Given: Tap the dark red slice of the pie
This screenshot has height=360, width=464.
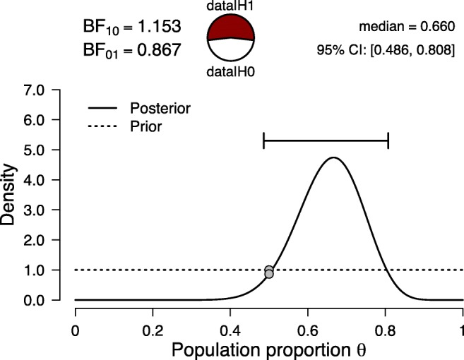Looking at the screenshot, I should pyautogui.click(x=230, y=28).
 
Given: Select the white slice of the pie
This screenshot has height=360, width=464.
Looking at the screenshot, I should pyautogui.click(x=230, y=51).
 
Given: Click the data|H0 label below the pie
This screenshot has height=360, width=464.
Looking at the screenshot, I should pyautogui.click(x=230, y=71).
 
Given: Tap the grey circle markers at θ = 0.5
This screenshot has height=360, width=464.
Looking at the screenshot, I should pyautogui.click(x=268, y=272).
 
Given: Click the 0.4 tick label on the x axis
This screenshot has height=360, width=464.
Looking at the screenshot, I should pyautogui.click(x=230, y=329).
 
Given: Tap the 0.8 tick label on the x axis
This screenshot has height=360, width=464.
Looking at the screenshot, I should pyautogui.click(x=385, y=329).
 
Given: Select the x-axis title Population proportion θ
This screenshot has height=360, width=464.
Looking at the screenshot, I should pyautogui.click(x=268, y=349).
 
